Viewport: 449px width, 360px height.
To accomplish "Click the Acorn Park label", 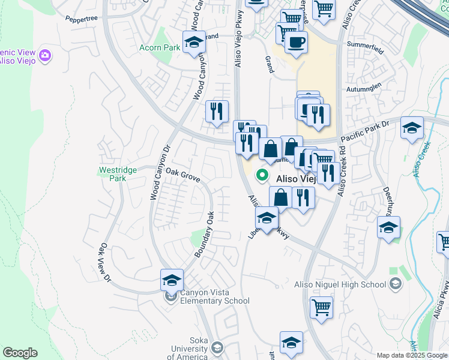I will pos(159,47).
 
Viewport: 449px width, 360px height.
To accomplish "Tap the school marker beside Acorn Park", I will pos(194,42).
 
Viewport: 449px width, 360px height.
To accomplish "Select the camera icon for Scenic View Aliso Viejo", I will pos(45,56).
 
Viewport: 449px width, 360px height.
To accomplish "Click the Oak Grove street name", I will pos(182,175).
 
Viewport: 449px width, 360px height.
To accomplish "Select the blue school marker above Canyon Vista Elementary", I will pos(172,280).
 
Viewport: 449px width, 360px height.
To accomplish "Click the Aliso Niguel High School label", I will pos(340,284).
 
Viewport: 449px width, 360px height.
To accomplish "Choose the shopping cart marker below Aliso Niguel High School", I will pos(321,308).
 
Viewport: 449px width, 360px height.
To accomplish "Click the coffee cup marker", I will pos(295,42).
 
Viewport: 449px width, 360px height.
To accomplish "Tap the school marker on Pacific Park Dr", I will pos(412,128).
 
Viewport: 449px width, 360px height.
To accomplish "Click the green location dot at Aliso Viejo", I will pos(262,176).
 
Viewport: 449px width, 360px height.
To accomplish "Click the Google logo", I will pos(20,353).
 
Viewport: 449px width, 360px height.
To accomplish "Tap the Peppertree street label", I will pos(82,19).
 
